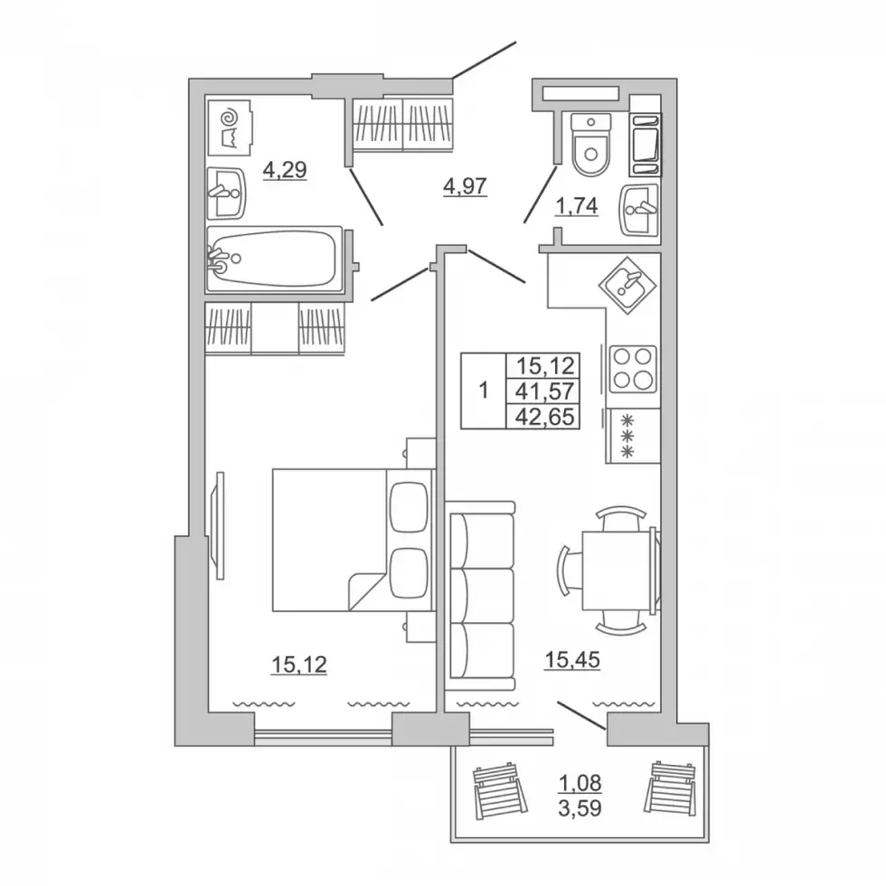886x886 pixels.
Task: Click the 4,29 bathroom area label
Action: [285, 170]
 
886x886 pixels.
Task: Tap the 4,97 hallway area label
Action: [465, 186]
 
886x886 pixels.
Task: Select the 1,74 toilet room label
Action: [577, 206]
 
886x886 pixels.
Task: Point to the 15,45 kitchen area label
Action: [571, 659]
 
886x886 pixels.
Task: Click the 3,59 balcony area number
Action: [580, 808]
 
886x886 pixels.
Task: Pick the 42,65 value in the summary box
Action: [544, 417]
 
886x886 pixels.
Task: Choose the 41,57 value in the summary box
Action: [544, 391]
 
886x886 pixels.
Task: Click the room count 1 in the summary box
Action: [483, 391]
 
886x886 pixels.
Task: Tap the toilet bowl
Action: [591, 145]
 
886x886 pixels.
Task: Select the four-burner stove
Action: [633, 369]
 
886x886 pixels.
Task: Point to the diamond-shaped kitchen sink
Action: [627, 286]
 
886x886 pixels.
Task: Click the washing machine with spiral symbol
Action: [230, 127]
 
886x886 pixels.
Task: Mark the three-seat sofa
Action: [483, 596]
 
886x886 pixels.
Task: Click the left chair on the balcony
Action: [501, 790]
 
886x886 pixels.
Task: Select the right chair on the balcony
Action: [671, 788]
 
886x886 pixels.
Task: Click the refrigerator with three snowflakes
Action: [633, 436]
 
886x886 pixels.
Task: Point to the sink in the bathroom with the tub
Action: [226, 193]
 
